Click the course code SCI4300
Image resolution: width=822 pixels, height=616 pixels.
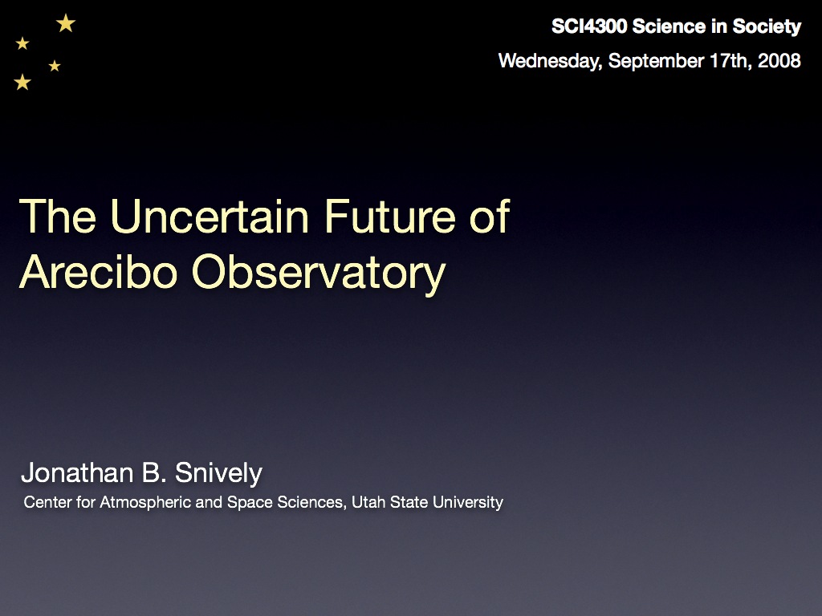[x=589, y=26]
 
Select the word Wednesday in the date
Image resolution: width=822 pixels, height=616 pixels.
[x=550, y=61]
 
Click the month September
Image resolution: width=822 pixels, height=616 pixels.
[x=656, y=61]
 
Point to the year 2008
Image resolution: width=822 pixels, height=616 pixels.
[x=779, y=61]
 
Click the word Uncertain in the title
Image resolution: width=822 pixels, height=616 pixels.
[x=210, y=216]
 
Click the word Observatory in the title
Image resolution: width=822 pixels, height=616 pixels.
[x=319, y=274]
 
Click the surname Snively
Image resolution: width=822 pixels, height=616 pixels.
[x=218, y=473]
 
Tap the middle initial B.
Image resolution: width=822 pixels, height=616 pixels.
[x=154, y=472]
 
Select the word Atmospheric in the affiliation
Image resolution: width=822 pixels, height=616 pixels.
[x=145, y=502]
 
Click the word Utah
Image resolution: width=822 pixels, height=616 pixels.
[x=368, y=502]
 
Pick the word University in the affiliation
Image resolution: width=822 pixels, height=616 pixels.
[x=468, y=502]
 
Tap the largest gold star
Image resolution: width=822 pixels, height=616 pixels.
[x=66, y=23]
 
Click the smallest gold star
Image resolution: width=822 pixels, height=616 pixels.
[x=55, y=66]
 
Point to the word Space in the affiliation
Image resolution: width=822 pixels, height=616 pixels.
[x=250, y=502]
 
